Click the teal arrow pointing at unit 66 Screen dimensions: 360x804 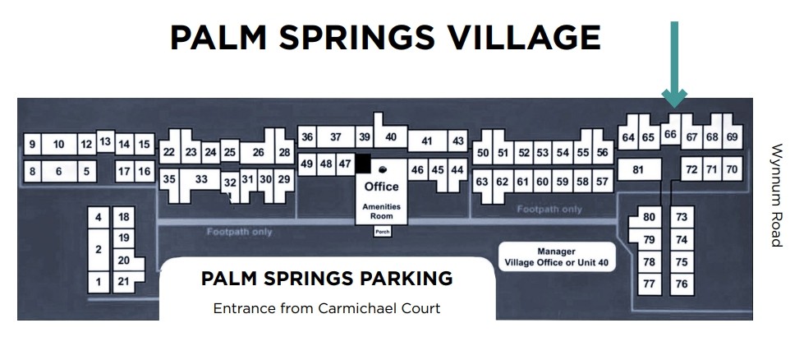coord(674,66)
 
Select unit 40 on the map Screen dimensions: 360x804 coord(391,137)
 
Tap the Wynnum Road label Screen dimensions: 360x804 coord(777,196)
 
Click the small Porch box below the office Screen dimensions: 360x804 coord(382,232)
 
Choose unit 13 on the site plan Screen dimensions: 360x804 coord(105,141)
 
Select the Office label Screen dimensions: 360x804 coord(381,187)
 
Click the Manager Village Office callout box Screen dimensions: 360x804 coord(556,256)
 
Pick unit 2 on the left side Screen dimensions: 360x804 coord(99,249)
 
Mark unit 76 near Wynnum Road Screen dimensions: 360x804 coord(681,284)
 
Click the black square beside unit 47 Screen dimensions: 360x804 coord(362,163)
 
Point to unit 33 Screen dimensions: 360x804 coord(200,178)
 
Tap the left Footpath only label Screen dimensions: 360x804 coord(240,232)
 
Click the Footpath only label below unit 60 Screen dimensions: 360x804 coord(549,210)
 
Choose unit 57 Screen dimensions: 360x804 coord(603,181)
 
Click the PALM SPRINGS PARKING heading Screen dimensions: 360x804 coord(326,278)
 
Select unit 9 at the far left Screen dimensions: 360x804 coord(32,145)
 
